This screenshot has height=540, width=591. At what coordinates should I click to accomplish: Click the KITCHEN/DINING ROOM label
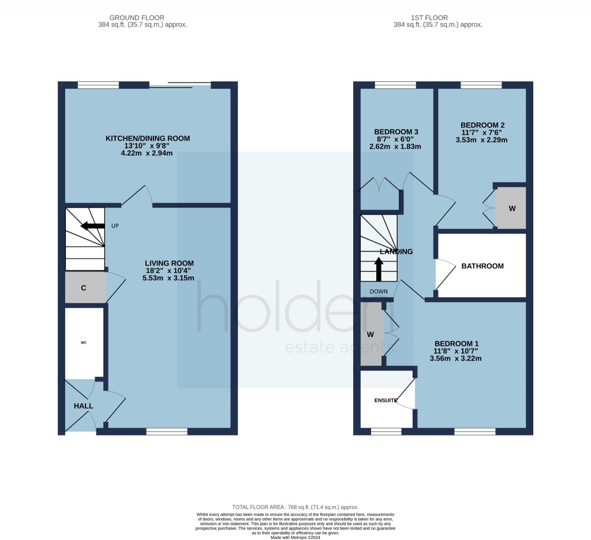(147, 138)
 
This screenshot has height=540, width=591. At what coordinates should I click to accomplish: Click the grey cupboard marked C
(84, 287)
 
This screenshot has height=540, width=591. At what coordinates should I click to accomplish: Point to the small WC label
(83, 343)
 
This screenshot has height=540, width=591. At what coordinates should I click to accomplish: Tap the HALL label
(83, 406)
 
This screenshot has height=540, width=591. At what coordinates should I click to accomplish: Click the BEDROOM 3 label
(396, 132)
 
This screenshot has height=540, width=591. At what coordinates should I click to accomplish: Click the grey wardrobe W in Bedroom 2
(511, 208)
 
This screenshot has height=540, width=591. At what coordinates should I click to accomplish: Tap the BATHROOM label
(482, 266)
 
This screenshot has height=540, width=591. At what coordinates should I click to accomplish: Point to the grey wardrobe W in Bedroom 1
(371, 334)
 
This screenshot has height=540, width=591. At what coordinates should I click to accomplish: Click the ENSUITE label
(386, 400)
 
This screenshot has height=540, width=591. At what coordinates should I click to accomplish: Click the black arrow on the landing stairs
(379, 269)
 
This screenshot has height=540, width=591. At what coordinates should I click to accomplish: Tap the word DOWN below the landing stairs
(379, 291)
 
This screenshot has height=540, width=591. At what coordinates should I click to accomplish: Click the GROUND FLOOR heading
(143, 18)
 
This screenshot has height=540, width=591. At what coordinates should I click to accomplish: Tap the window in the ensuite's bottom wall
(386, 431)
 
